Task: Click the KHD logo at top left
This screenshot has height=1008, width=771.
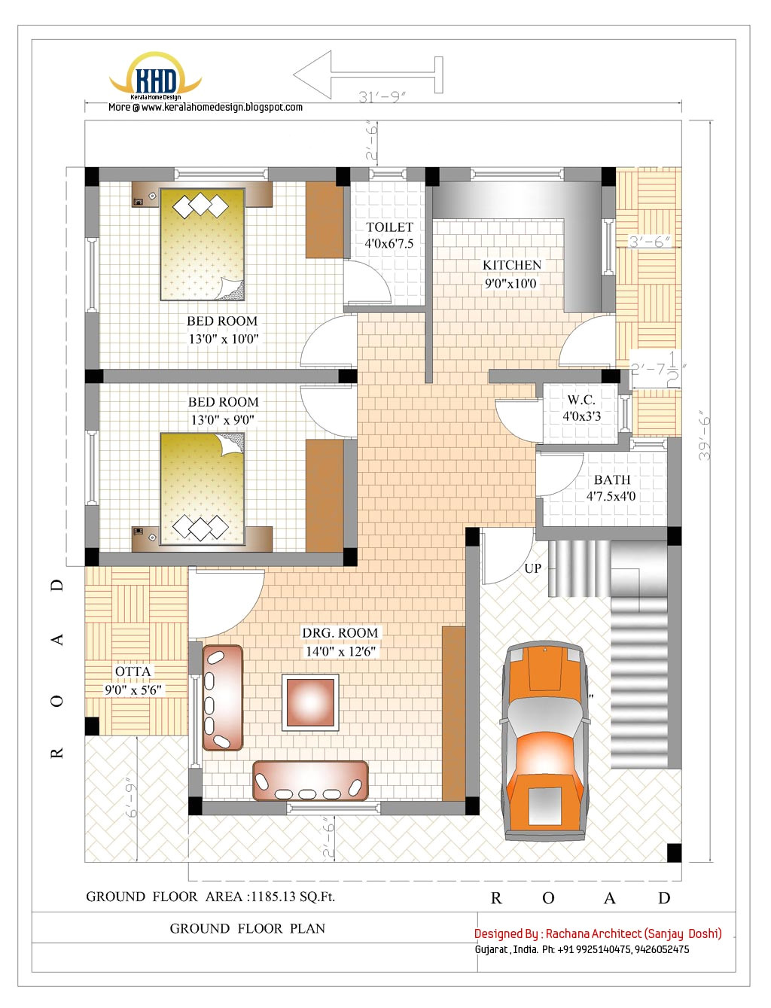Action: pos(156,78)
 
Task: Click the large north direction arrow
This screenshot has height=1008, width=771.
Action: pos(367,75)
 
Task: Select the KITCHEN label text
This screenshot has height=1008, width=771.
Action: pos(512,266)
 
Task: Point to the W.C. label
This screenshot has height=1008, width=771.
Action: pos(581,400)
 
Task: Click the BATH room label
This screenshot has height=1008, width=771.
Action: pos(611,480)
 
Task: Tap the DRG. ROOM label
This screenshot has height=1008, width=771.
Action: pos(340,633)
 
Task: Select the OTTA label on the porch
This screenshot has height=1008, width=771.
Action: pos(133,671)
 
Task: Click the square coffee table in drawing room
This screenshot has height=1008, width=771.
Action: pos(310,702)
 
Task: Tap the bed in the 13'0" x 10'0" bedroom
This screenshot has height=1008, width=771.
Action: pos(203,244)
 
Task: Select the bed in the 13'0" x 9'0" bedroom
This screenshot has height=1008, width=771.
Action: pos(203,488)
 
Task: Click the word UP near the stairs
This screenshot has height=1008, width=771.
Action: pos(532,568)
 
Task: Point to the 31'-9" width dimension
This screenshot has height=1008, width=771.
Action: pos(382,97)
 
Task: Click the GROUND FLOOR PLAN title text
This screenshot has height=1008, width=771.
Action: pos(248,929)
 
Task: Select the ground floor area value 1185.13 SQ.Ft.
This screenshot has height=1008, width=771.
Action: pos(293,897)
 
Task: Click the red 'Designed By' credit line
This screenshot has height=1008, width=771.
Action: pos(598,933)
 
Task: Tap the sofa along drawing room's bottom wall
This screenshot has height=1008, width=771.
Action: pos(310,781)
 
